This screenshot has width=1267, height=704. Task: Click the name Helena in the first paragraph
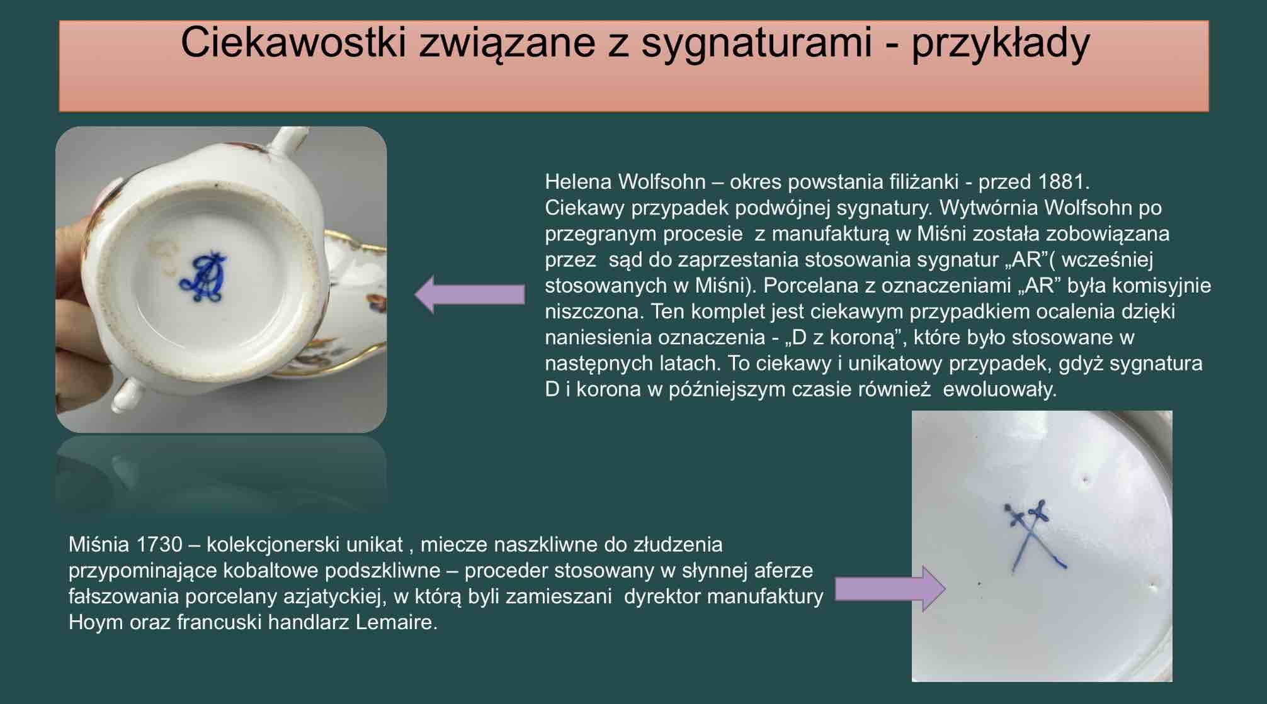click(x=578, y=182)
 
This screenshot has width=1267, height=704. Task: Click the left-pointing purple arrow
click(x=470, y=294)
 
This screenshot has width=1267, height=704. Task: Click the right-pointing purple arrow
click(x=890, y=589)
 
